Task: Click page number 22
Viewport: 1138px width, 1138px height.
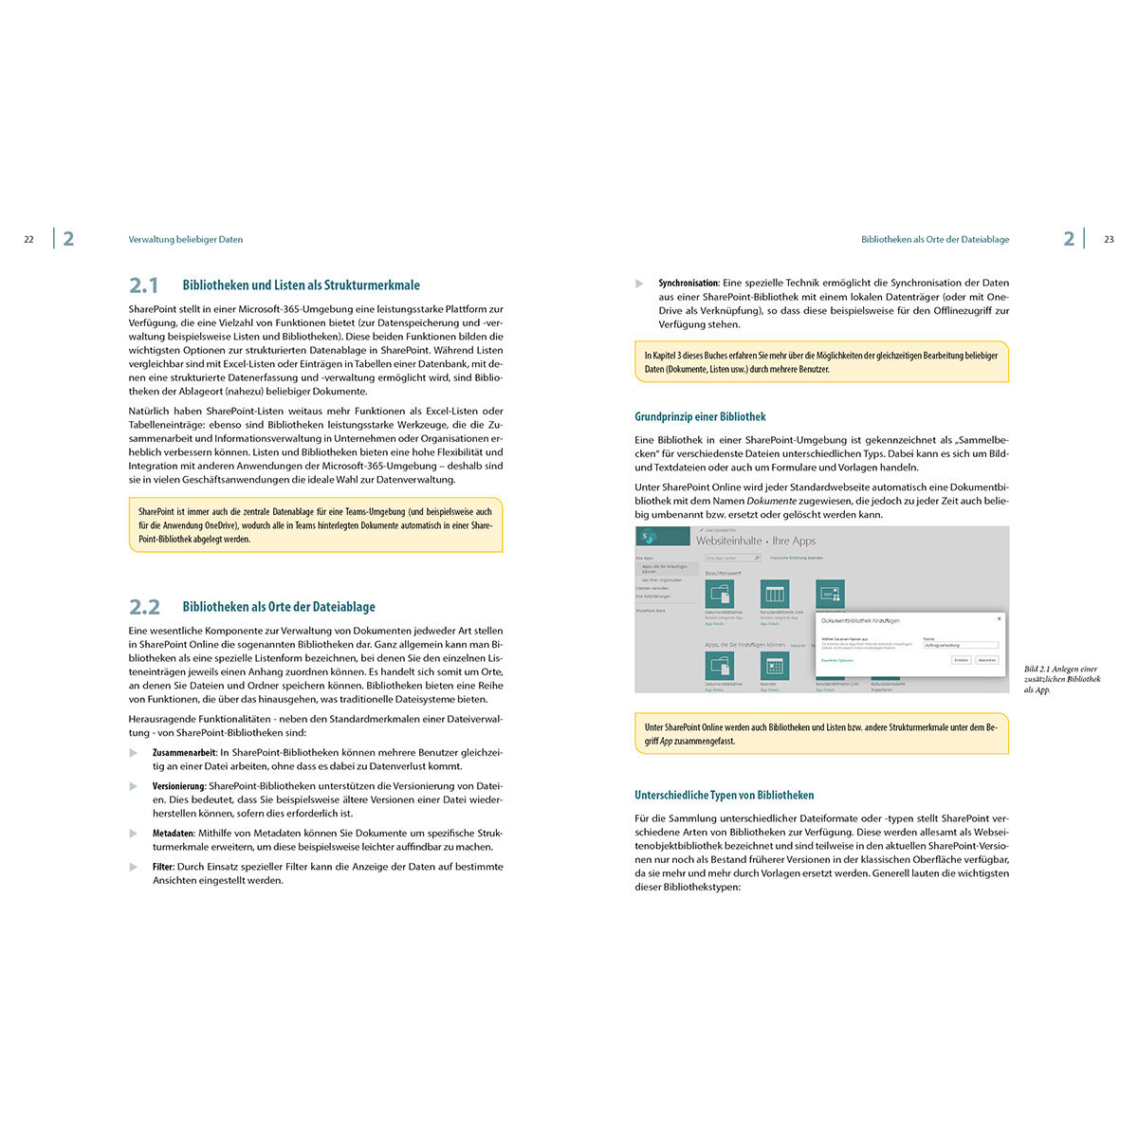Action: click(28, 240)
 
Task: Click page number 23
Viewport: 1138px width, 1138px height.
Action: click(1109, 240)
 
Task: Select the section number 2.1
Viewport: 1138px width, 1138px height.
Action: click(144, 285)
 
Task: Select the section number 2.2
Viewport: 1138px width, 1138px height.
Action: click(144, 607)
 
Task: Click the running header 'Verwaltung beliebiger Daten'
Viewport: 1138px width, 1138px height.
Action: click(186, 240)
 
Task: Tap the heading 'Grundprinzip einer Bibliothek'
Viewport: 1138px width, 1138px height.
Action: click(700, 416)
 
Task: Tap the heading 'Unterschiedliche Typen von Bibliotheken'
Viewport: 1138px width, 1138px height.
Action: click(724, 796)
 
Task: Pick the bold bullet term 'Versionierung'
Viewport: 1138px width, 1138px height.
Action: click(179, 786)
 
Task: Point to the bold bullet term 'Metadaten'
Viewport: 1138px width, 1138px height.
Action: click(173, 834)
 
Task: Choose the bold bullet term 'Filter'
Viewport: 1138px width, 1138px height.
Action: click(163, 867)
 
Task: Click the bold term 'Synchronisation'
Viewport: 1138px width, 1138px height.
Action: click(688, 284)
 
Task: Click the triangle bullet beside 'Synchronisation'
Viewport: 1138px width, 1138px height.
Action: click(640, 284)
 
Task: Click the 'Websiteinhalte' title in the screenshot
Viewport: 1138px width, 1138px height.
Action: click(728, 541)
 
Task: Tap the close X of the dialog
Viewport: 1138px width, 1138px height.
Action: click(998, 618)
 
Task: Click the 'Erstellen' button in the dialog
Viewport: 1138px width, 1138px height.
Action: click(961, 660)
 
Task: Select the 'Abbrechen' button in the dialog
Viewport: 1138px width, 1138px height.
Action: click(987, 660)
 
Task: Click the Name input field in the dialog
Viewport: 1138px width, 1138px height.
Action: click(960, 646)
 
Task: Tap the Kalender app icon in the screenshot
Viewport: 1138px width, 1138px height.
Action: click(774, 666)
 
